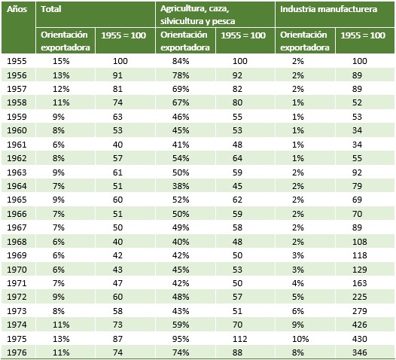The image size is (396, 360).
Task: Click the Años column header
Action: (x=17, y=9)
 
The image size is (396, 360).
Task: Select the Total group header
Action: (x=51, y=9)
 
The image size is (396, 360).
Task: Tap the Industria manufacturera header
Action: (x=328, y=9)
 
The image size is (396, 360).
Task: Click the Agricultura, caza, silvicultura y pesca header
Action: (x=197, y=15)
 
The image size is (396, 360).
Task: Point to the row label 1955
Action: (x=17, y=61)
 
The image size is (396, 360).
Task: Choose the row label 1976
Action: (x=17, y=352)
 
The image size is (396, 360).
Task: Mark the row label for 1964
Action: (x=17, y=186)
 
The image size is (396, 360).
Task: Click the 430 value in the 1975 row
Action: (x=360, y=339)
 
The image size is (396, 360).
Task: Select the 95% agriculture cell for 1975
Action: (x=181, y=339)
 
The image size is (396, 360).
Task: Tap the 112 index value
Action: (x=240, y=339)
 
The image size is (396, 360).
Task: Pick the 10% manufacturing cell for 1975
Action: (x=300, y=339)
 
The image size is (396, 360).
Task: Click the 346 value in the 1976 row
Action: (x=360, y=352)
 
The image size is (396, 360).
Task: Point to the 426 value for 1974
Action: (x=360, y=325)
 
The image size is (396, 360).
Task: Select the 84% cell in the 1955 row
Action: (x=181, y=61)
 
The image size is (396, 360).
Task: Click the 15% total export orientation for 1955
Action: (x=61, y=61)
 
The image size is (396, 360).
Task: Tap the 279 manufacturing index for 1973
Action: (x=360, y=311)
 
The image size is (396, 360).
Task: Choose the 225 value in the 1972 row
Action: (x=360, y=297)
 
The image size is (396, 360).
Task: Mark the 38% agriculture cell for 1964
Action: (x=181, y=186)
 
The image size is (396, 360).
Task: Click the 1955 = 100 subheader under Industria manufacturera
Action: (x=363, y=35)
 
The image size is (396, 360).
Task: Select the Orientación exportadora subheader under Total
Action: (x=65, y=41)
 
